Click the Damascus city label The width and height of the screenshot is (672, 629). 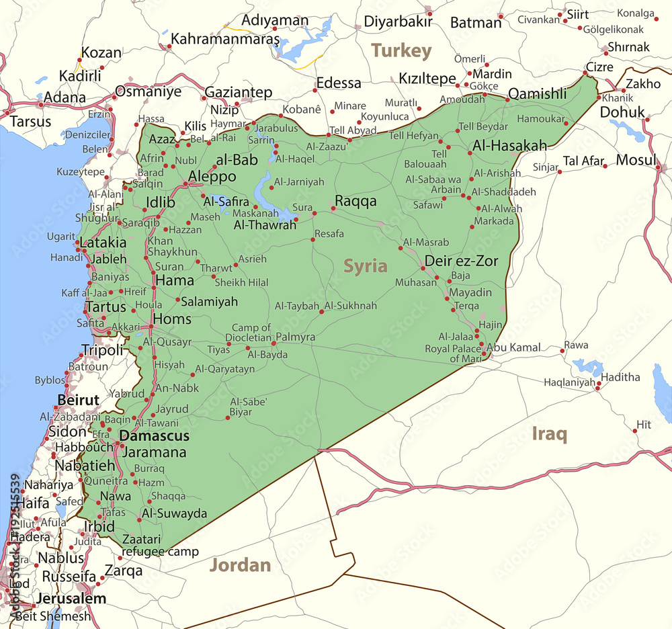coord(154,435)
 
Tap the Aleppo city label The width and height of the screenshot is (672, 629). coord(212,176)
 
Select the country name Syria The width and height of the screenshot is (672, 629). coord(366,265)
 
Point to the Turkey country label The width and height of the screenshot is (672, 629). coord(401,50)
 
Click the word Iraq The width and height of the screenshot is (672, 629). coord(549,433)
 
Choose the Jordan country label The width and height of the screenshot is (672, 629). coord(240,564)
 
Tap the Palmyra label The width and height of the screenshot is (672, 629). coord(295,337)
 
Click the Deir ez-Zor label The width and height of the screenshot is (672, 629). coord(461,261)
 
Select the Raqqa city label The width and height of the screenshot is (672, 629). coord(355,201)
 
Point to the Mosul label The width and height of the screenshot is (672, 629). coord(636,160)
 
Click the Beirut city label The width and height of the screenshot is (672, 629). coord(78,400)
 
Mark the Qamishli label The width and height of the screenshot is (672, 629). coord(537,94)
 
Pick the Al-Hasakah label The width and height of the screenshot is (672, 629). coord(509,145)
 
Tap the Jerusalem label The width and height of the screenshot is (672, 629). coord(71,598)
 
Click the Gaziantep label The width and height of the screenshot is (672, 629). coord(238,92)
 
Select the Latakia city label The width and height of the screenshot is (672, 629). coord(103,242)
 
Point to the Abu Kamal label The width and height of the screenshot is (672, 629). coord(513,347)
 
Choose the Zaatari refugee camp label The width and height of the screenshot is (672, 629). coord(160,545)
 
